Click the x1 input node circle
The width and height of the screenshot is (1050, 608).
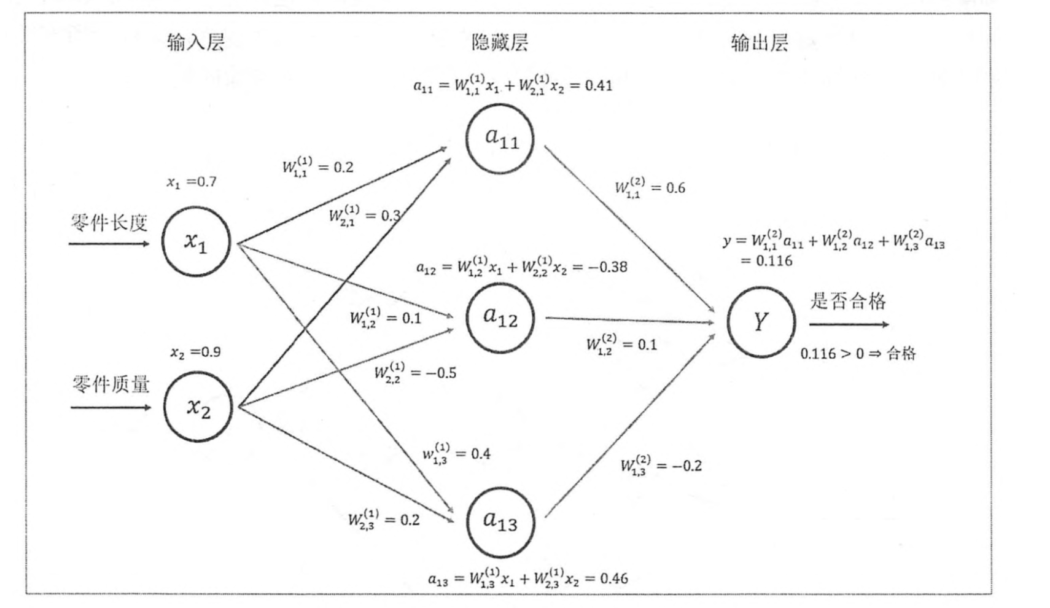coord(196,241)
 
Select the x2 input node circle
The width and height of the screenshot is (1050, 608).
coord(198,407)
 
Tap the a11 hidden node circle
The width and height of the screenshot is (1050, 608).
coord(500,139)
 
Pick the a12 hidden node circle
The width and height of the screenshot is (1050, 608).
coord(500,318)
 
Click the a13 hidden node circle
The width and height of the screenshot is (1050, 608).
coord(500,522)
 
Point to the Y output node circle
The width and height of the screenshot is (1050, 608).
coord(761,322)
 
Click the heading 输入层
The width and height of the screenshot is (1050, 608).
coord(196,42)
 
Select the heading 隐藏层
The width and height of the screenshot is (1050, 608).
coord(499,42)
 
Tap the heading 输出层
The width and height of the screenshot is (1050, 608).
coord(760,42)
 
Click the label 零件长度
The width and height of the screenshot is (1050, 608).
coord(109,223)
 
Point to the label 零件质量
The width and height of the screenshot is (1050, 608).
coord(111,384)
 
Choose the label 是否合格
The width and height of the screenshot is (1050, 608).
coord(848,301)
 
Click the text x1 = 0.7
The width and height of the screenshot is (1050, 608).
coord(192,182)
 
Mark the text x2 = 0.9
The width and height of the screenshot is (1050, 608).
coord(195,352)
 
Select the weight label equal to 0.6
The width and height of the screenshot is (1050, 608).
coord(650,187)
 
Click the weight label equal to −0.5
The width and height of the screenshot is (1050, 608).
coord(415,372)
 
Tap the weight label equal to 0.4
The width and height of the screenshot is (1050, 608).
coord(456,454)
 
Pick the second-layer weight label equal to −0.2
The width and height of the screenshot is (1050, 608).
coord(661,465)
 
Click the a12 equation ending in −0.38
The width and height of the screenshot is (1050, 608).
coord(521,267)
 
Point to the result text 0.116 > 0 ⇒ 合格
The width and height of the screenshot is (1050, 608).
coord(858,353)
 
